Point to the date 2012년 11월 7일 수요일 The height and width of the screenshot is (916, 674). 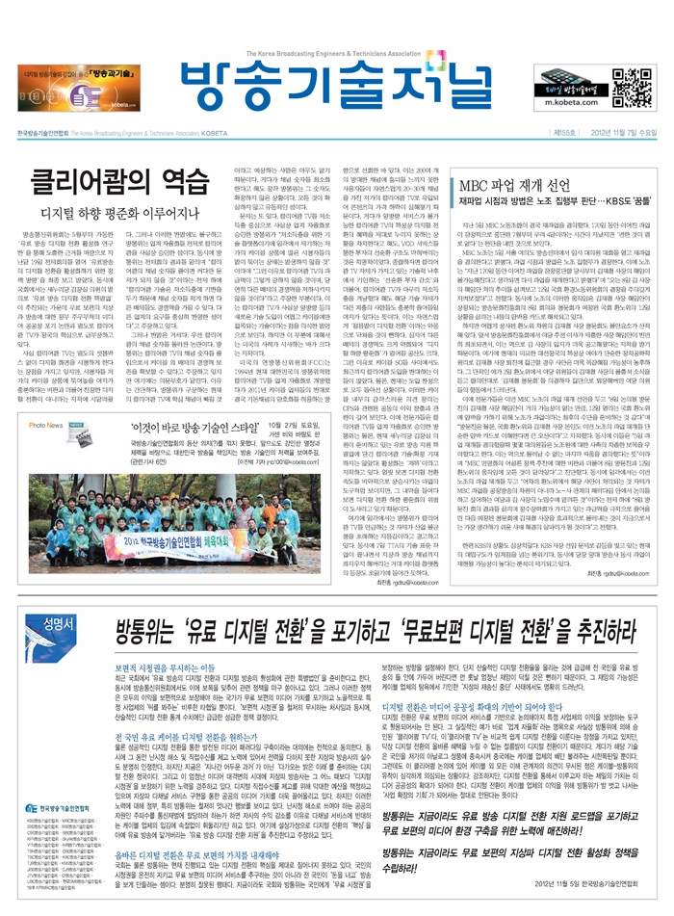(x=617, y=132)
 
